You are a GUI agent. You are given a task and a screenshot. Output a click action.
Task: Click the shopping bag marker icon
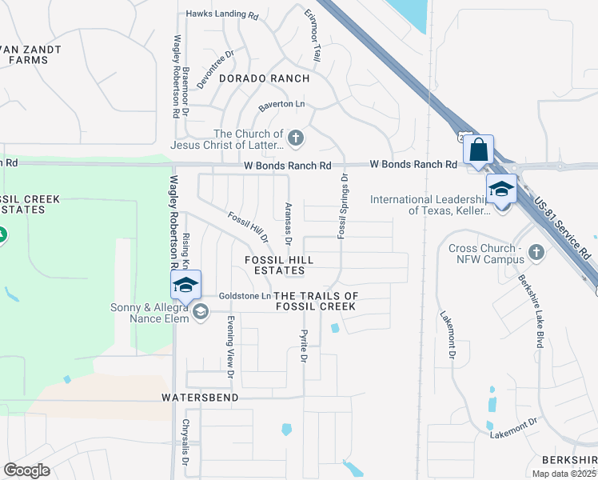point(478,150)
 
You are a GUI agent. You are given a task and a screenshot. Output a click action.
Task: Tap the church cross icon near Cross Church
point(536,253)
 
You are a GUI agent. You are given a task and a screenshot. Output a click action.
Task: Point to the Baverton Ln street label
point(281,105)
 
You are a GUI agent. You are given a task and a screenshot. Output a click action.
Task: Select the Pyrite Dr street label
point(304,345)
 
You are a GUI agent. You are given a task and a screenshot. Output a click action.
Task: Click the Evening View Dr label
point(229,346)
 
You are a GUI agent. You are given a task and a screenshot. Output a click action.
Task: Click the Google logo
point(27,470)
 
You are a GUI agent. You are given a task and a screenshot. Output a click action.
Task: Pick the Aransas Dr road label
point(288,222)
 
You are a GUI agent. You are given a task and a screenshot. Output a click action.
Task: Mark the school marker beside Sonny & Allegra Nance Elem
point(185,286)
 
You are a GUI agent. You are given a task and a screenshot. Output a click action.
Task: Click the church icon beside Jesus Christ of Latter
point(295,139)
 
